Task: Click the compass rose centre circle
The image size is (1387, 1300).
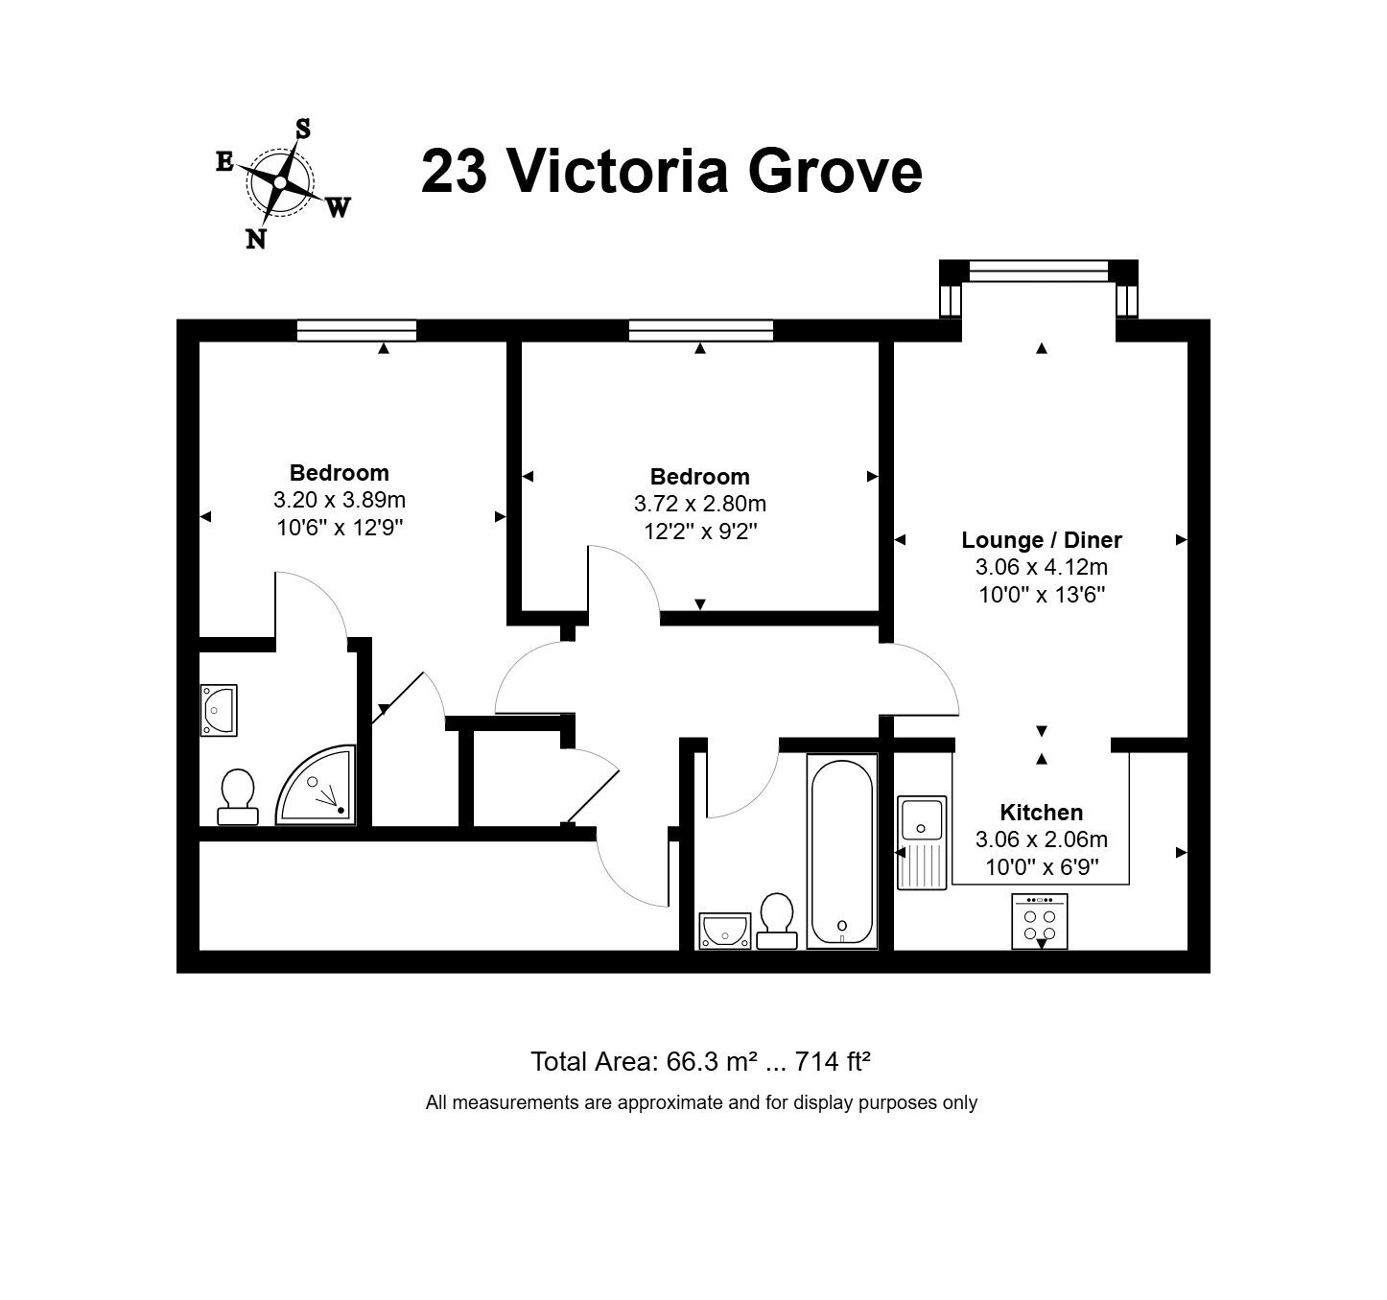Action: click(280, 182)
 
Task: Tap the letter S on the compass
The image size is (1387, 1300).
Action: click(303, 129)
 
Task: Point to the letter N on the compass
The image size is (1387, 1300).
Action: click(256, 240)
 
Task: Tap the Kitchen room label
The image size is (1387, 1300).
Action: click(1042, 813)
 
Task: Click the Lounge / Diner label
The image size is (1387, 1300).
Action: click(1042, 540)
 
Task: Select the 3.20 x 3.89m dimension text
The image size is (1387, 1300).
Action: click(340, 500)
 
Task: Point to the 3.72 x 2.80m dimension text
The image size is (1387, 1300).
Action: click(700, 504)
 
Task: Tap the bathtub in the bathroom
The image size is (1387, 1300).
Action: click(842, 852)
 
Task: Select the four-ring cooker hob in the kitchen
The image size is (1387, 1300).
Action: click(1040, 921)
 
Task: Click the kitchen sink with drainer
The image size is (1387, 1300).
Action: click(922, 842)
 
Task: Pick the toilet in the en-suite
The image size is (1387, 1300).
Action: click(238, 797)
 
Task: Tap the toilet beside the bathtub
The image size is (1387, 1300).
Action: click(777, 921)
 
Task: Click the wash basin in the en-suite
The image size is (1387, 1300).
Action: click(219, 710)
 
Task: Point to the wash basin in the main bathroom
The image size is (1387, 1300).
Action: click(725, 932)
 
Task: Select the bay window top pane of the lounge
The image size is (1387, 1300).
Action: click(1039, 272)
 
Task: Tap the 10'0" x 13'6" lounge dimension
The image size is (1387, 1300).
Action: click(1042, 595)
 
